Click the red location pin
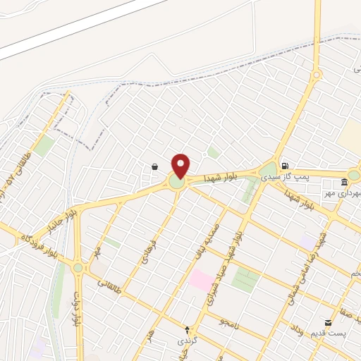180,166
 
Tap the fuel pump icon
284,166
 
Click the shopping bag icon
154,166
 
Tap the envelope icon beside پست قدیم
328,322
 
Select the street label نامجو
231,322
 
